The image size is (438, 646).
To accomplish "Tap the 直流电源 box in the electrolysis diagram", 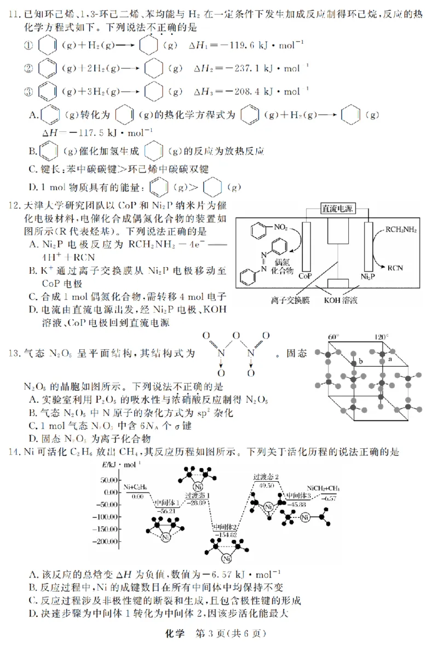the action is (337, 209).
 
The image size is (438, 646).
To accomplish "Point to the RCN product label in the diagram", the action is (395, 268).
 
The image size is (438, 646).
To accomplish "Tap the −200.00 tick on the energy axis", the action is (109, 541).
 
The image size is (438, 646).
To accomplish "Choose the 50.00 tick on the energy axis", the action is (112, 480).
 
